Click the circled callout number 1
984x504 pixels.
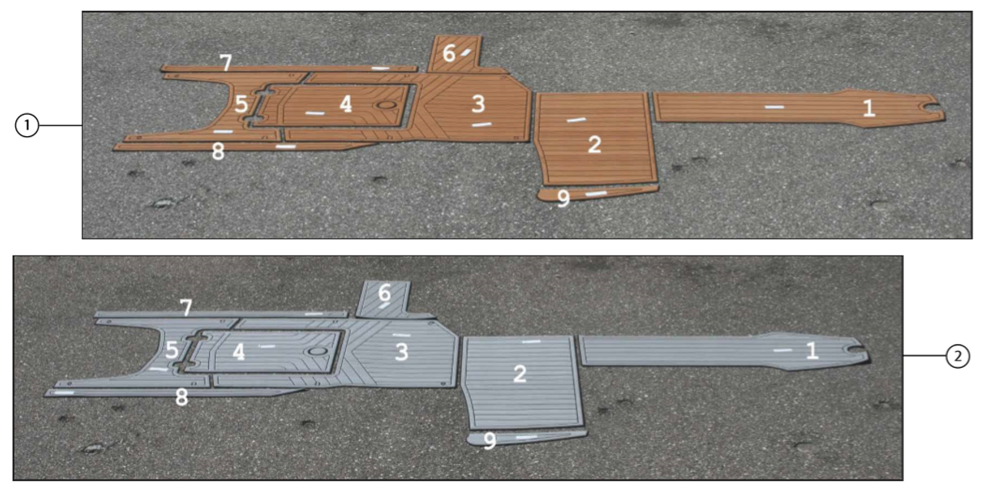[27, 125]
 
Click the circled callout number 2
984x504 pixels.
[958, 355]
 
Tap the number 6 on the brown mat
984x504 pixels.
[448, 54]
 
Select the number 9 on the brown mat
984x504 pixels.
[563, 199]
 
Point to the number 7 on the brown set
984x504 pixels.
[226, 62]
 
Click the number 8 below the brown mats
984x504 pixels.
[218, 152]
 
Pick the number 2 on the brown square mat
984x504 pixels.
[594, 145]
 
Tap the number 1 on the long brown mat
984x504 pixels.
[869, 108]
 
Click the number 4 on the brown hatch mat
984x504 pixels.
[346, 104]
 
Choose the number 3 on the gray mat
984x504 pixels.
[401, 352]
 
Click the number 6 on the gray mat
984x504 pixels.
[384, 292]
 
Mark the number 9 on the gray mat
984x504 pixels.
[490, 441]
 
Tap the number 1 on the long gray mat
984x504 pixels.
[813, 351]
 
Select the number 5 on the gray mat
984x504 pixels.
[171, 350]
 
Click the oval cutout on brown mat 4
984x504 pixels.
[386, 105]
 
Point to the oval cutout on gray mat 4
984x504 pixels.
[317, 352]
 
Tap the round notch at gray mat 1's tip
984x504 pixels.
[856, 349]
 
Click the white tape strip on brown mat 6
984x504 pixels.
[465, 53]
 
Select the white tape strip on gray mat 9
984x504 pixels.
[527, 437]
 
